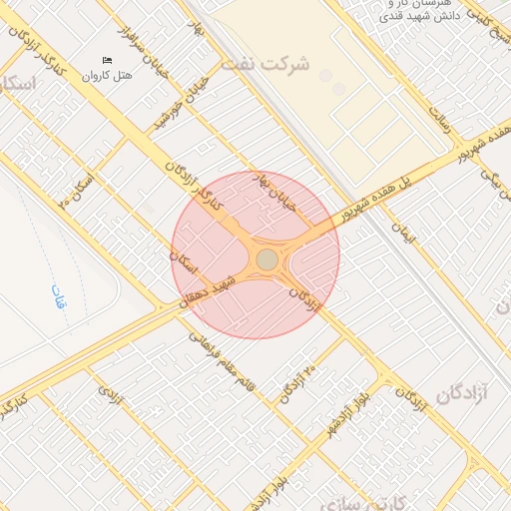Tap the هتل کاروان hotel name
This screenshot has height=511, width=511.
[x=108, y=76]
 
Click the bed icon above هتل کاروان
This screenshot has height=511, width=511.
[x=108, y=61]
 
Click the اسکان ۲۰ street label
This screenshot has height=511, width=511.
[x=77, y=190]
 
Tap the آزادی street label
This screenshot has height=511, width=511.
[x=110, y=396]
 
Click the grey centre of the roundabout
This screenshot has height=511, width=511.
[x=267, y=259]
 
